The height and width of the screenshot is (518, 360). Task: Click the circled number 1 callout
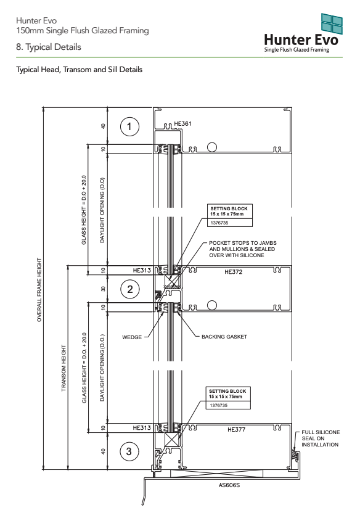(x=129, y=126)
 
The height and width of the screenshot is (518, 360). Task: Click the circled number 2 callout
(x=130, y=289)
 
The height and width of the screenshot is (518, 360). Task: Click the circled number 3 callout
(x=129, y=451)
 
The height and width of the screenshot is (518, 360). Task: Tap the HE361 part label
(x=182, y=123)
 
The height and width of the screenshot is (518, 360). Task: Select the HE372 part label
(x=233, y=272)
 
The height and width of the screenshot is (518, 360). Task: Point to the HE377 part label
(x=236, y=429)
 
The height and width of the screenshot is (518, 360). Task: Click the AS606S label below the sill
(x=229, y=485)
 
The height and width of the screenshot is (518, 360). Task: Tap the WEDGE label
(x=132, y=337)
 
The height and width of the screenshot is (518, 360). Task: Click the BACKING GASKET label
(x=224, y=337)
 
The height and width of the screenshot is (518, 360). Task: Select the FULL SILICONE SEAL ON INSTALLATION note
(x=320, y=438)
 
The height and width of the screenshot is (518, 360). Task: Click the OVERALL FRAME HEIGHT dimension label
(x=39, y=290)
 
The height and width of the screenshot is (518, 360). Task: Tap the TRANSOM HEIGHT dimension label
(x=63, y=368)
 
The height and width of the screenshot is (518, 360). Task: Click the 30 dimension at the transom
(x=104, y=289)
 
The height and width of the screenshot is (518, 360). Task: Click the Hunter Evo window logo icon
(x=332, y=24)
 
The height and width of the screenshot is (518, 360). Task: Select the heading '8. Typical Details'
(x=49, y=47)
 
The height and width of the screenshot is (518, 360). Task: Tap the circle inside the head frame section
(x=212, y=147)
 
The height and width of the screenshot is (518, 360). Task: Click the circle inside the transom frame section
(x=212, y=305)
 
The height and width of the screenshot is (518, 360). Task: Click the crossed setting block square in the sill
(x=172, y=440)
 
